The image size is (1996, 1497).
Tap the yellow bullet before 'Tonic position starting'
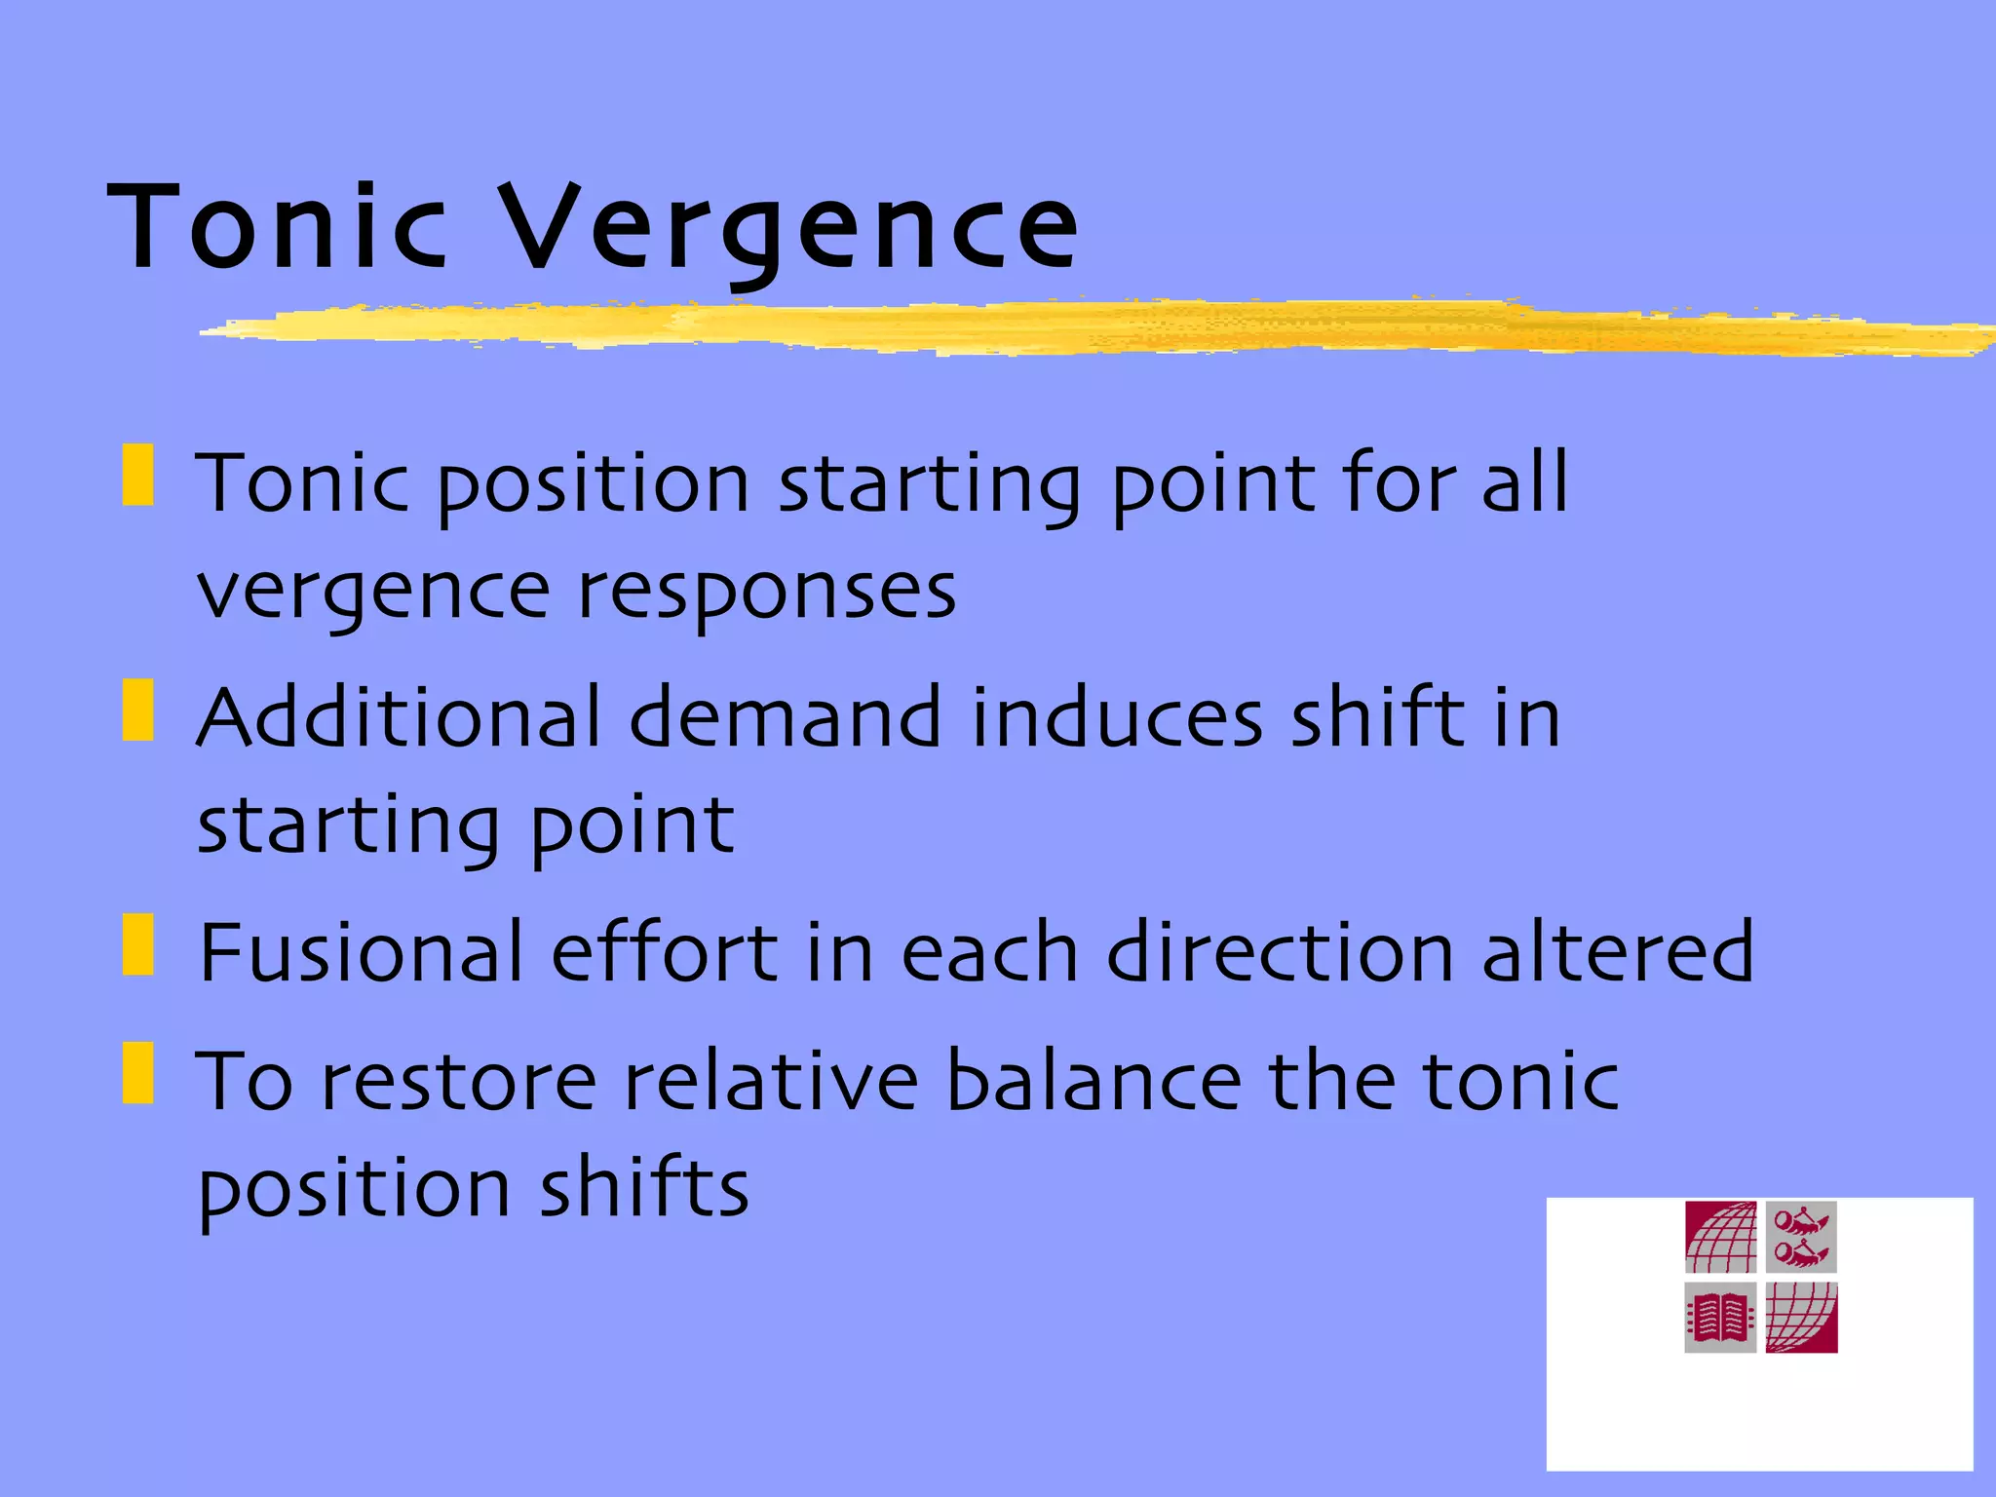pyautogui.click(x=138, y=476)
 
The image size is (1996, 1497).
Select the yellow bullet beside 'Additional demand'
pyautogui.click(x=138, y=710)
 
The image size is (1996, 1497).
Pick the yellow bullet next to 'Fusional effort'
pyautogui.click(x=138, y=944)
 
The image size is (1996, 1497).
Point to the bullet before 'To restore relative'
pyautogui.click(x=138, y=1073)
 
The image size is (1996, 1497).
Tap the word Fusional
pyautogui.click(x=362, y=952)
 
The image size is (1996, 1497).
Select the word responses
pyautogui.click(x=767, y=592)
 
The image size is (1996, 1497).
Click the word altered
pyautogui.click(x=1617, y=952)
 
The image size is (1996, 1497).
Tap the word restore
pyautogui.click(x=458, y=1081)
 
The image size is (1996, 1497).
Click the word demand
pyautogui.click(x=786, y=717)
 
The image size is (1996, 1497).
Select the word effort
pyautogui.click(x=664, y=952)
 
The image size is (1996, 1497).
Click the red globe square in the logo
pyautogui.click(x=1720, y=1238)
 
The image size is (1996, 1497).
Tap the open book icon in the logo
pyautogui.click(x=1720, y=1318)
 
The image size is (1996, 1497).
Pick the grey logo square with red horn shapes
pyautogui.click(x=1801, y=1238)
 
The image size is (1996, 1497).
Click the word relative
pyautogui.click(x=771, y=1081)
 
